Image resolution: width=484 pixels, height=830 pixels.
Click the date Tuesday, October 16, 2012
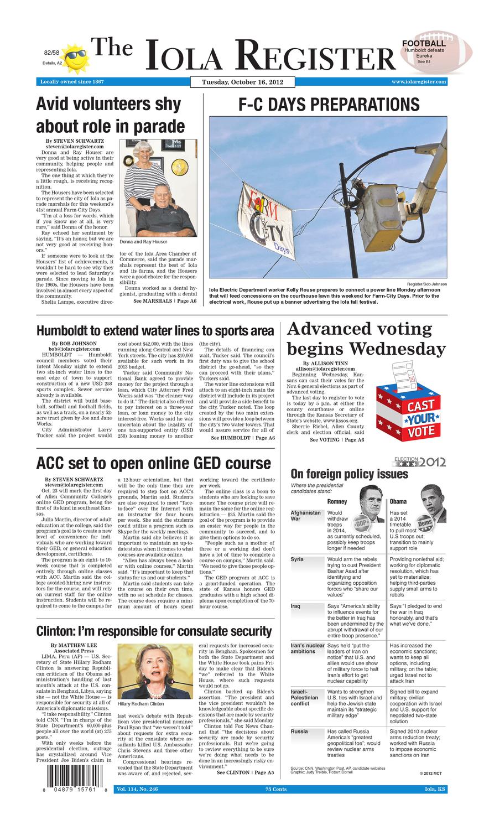[242, 82]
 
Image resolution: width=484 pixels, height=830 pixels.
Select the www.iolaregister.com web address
[419, 82]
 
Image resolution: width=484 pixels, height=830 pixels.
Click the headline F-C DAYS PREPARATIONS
[329, 105]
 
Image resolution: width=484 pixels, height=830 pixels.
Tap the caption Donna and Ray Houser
[143, 242]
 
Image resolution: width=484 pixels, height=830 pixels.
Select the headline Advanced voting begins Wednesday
[366, 339]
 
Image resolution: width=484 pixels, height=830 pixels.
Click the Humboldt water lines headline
[155, 331]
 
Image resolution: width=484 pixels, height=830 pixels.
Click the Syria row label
[298, 559]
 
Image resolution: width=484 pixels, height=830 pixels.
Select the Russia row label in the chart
[299, 732]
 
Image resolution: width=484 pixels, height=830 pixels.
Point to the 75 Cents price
[275, 789]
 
